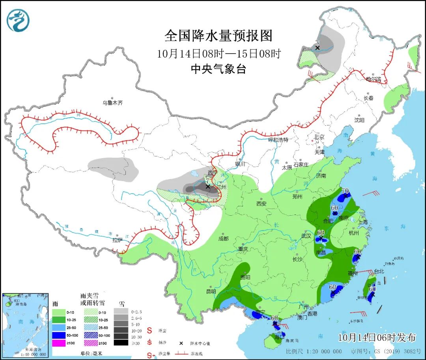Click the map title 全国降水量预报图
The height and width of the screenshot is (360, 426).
218,36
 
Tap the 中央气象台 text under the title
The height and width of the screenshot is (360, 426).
218,69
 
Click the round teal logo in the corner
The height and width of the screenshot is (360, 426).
19,20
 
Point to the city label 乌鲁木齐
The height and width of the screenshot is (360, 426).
113,103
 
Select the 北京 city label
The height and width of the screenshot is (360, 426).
319,137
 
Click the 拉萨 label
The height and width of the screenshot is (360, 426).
117,239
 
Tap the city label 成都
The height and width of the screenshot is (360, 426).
224,238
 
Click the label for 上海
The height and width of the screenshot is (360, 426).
362,222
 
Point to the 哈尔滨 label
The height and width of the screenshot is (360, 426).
374,79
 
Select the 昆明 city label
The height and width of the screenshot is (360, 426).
211,291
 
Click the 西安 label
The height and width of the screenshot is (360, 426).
262,203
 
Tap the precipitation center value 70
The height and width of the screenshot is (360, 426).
345,191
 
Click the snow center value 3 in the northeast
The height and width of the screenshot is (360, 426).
317,43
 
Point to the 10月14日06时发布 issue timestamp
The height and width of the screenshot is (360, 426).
377,338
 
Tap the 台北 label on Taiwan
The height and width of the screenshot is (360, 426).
378,271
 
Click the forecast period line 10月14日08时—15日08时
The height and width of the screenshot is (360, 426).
218,53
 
